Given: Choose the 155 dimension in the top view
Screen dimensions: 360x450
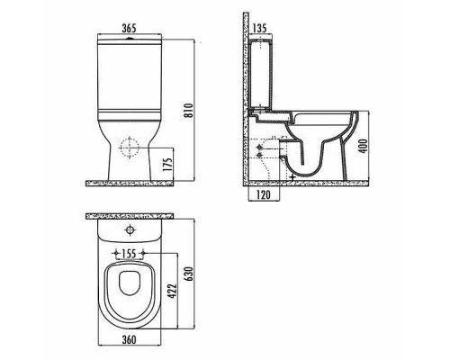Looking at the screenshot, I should [130, 254].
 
